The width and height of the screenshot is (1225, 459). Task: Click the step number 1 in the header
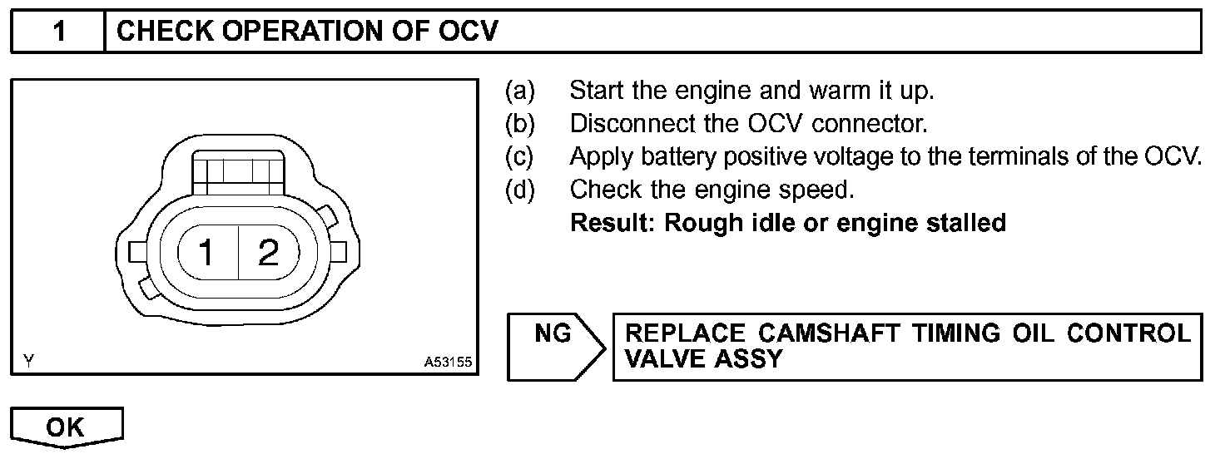58,32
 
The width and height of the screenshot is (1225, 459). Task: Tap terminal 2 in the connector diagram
268,252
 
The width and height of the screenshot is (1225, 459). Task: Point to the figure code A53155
448,362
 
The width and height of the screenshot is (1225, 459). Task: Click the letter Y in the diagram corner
29,361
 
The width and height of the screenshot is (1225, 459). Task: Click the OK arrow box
66,427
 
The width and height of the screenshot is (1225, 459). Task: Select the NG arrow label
554,334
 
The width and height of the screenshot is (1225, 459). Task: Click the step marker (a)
521,90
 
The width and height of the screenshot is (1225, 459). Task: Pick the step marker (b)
521,123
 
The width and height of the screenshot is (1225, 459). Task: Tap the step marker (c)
521,156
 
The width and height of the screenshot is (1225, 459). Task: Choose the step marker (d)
521,190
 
